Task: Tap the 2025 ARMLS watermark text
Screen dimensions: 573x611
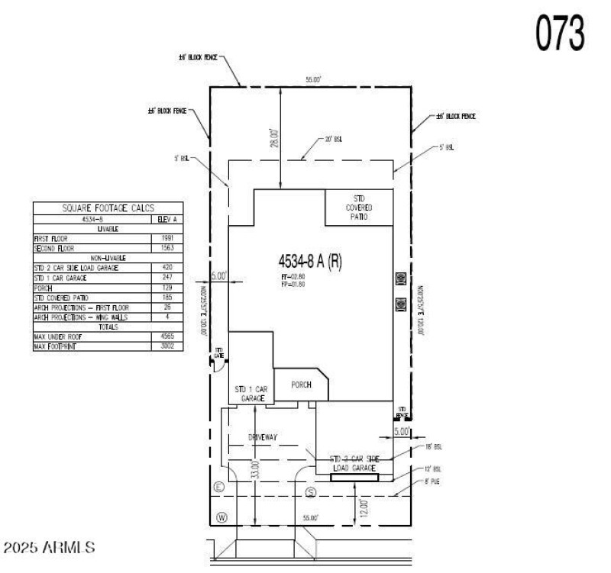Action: [50, 546]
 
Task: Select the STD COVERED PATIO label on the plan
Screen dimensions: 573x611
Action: [358, 207]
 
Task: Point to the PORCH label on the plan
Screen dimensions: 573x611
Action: [302, 385]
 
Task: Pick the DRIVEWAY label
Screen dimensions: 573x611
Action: [262, 437]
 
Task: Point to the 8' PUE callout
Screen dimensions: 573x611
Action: [432, 482]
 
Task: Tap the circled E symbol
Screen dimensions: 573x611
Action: [219, 486]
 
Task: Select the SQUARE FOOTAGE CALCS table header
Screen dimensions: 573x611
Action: [108, 208]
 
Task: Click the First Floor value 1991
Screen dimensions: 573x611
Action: [167, 238]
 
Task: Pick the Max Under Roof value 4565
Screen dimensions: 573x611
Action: [167, 336]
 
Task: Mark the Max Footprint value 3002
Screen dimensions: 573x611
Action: [167, 346]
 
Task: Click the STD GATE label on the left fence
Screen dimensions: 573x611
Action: [218, 353]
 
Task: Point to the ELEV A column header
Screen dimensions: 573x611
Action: [167, 218]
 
